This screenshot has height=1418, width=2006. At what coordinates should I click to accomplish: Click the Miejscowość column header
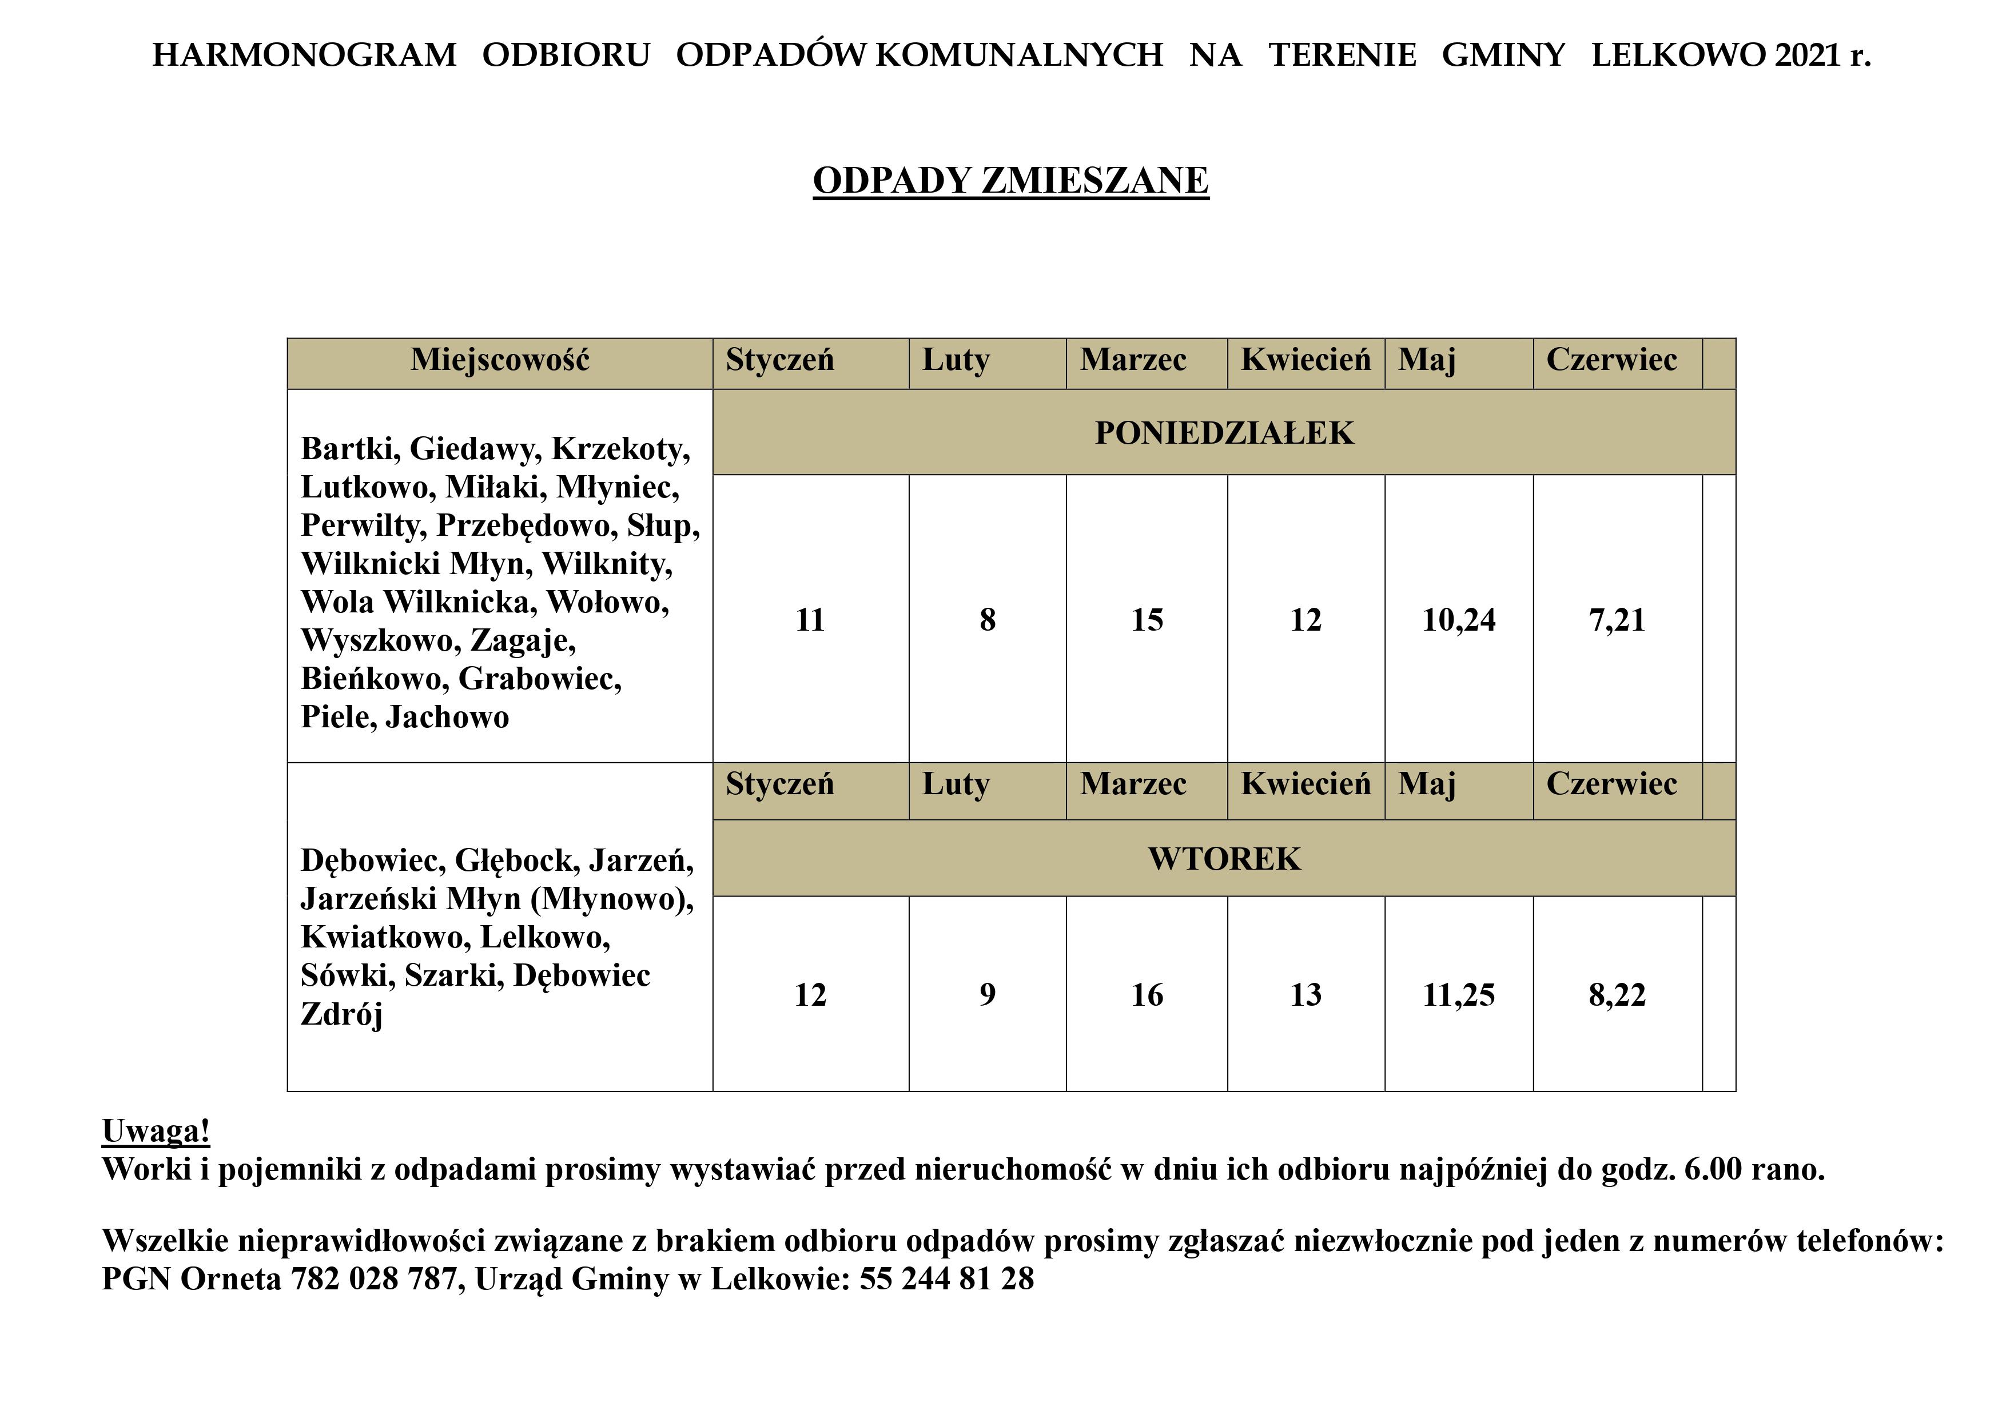tap(500, 360)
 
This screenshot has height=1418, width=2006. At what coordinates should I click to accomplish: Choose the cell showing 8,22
tap(1617, 995)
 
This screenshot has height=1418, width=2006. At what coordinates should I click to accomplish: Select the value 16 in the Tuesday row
tap(1147, 995)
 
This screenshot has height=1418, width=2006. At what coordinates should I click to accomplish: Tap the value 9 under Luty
tap(987, 995)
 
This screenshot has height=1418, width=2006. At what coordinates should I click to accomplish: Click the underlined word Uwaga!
tap(156, 1130)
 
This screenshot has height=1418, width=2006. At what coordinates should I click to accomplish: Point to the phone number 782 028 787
tap(374, 1279)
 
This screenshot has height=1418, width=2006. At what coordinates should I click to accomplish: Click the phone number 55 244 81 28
tap(946, 1279)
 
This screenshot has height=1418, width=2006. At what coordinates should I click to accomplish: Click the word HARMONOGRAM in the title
tap(304, 55)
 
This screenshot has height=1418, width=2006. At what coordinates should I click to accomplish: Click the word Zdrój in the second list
tap(341, 1014)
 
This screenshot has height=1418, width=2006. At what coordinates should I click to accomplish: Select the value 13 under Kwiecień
tap(1306, 995)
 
